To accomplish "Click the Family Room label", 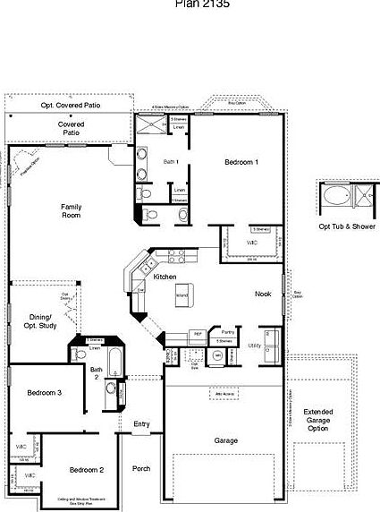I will (72, 211).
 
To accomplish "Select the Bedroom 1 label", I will (241, 162).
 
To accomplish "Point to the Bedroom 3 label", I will (44, 393).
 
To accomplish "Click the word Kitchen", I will (165, 277).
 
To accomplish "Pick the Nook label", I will (263, 294).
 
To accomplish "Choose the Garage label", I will (226, 440).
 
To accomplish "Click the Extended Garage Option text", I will (323, 418).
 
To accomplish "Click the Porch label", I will (141, 468).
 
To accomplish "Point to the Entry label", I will (142, 423).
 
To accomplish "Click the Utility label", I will (254, 344).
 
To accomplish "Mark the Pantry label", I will (226, 330).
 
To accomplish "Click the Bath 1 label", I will (171, 162).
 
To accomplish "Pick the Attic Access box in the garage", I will (224, 392).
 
